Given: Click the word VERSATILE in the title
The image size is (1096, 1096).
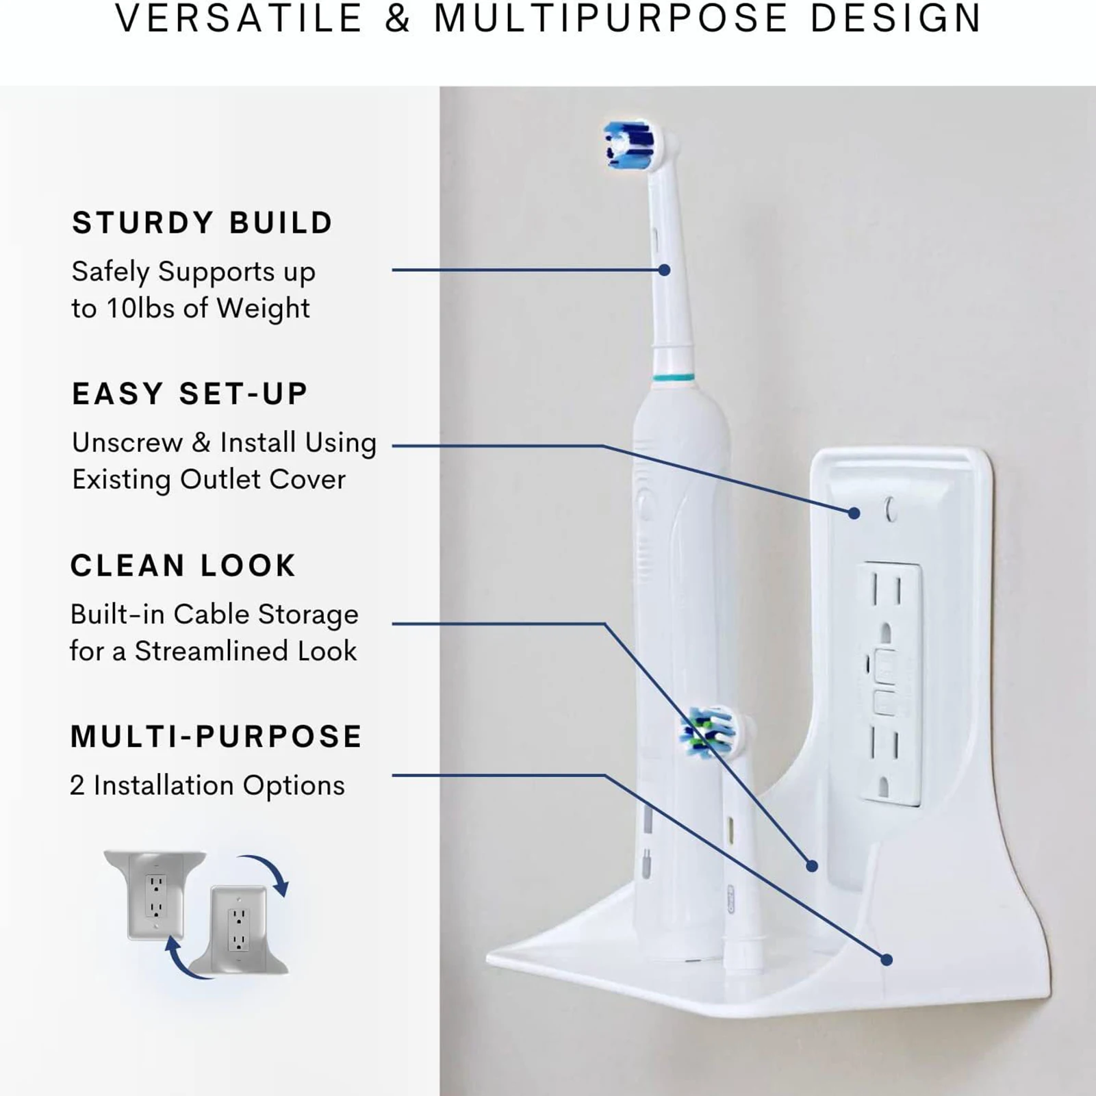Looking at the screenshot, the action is click(239, 18).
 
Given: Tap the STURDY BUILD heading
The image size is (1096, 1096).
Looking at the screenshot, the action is click(203, 223).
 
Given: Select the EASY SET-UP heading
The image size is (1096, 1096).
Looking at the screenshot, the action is click(190, 394).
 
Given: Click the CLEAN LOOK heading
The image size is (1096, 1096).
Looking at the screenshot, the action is click(183, 565).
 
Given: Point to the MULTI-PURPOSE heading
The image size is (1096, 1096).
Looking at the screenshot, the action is click(216, 737).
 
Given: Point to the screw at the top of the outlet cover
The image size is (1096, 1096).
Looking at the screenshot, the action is click(891, 509).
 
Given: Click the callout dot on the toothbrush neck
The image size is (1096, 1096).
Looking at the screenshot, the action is click(664, 270).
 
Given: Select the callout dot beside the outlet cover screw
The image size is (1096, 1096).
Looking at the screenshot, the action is click(854, 513).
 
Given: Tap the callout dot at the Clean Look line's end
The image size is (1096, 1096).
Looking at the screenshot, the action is click(812, 866).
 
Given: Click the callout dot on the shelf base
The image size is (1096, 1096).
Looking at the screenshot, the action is click(887, 960).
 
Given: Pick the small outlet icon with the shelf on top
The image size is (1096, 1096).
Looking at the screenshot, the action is click(156, 894).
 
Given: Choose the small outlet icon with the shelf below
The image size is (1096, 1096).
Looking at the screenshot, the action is click(238, 930).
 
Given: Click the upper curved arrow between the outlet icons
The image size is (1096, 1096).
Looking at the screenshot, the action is click(268, 868).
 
